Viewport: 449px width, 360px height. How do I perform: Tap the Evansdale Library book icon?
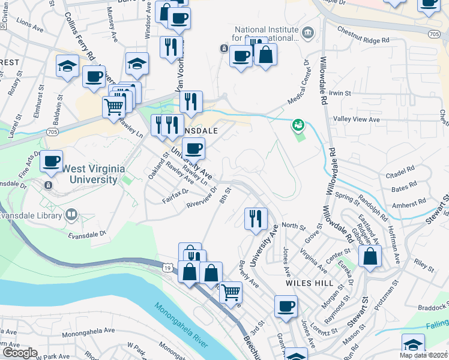71,214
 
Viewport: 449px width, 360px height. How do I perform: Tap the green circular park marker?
298,125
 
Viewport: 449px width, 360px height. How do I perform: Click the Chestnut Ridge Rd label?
364,40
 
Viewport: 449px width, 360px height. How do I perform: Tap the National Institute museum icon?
308,32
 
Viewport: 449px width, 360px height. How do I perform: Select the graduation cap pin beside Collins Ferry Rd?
68,67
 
